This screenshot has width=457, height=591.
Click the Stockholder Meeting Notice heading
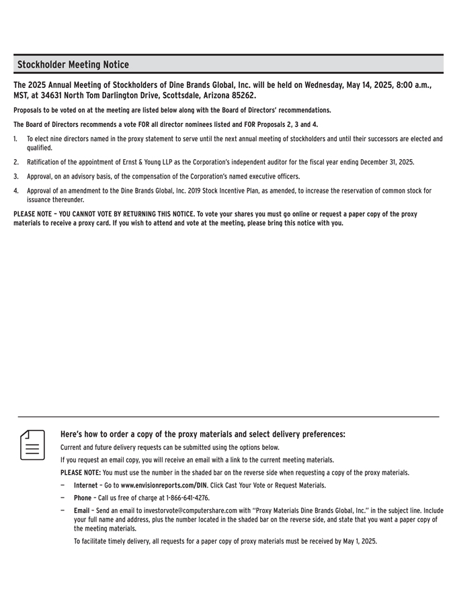pos(73,64)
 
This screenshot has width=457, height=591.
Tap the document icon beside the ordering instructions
pos(32,445)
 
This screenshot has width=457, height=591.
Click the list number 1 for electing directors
pos(15,139)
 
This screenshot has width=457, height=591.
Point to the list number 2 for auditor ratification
pos(15,162)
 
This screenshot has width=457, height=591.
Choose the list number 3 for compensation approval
pos(15,177)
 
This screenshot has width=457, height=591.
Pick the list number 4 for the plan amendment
pos(15,191)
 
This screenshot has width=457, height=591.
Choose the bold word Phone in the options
pos(83,498)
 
